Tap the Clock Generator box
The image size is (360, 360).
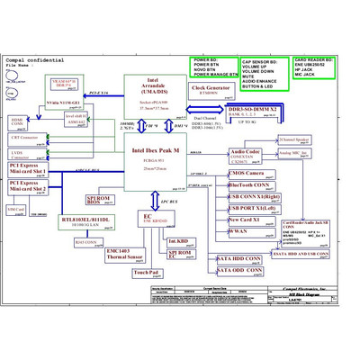tap(208, 90)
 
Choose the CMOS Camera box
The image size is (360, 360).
tap(246, 173)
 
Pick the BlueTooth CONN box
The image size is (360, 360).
tap(247, 184)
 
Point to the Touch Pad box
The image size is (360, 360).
tap(145, 272)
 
